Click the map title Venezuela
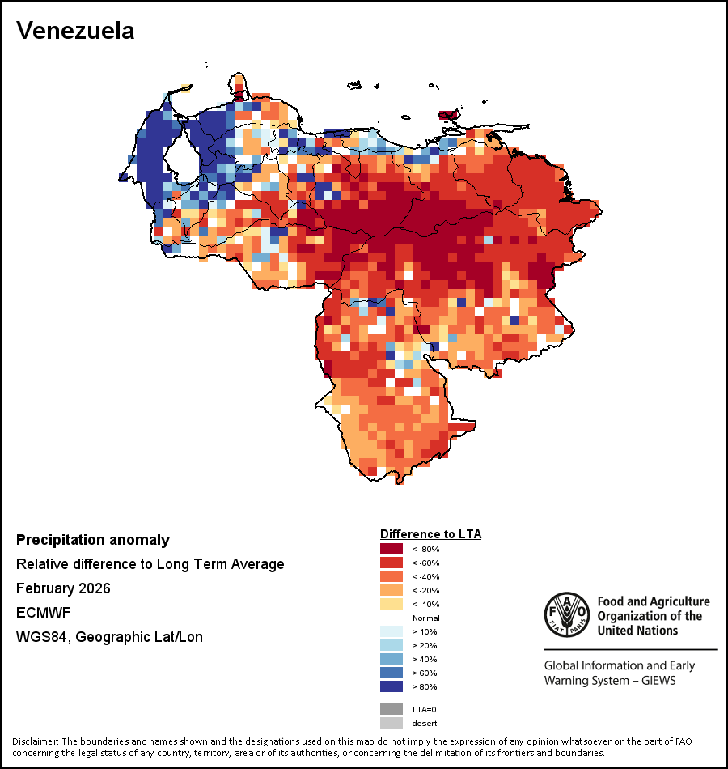(75, 31)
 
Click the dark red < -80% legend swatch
(392, 549)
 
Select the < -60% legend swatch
(392, 563)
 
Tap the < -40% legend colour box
(392, 576)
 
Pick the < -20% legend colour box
(392, 590)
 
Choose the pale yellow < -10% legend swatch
(392, 604)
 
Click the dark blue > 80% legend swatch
(392, 686)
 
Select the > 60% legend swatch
(392, 673)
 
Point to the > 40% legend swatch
(392, 659)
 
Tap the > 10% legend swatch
(392, 631)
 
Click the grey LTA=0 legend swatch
(392, 709)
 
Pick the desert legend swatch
(392, 723)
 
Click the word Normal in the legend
(425, 618)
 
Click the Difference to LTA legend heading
(430, 534)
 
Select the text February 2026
(63, 588)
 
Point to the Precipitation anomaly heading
(93, 540)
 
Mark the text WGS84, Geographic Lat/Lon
(109, 637)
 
